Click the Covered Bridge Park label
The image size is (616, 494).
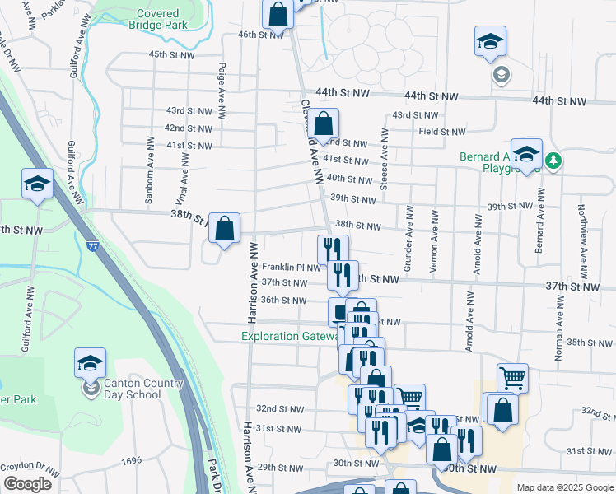click(x=157, y=20)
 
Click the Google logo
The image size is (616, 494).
click(x=27, y=484)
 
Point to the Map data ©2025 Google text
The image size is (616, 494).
click(x=564, y=487)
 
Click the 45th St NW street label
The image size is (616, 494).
click(x=170, y=54)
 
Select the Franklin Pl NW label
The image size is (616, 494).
click(x=291, y=268)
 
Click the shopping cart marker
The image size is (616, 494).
click(x=512, y=378)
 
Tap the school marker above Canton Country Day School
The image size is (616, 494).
click(x=91, y=363)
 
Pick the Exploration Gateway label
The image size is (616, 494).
click(x=290, y=336)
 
